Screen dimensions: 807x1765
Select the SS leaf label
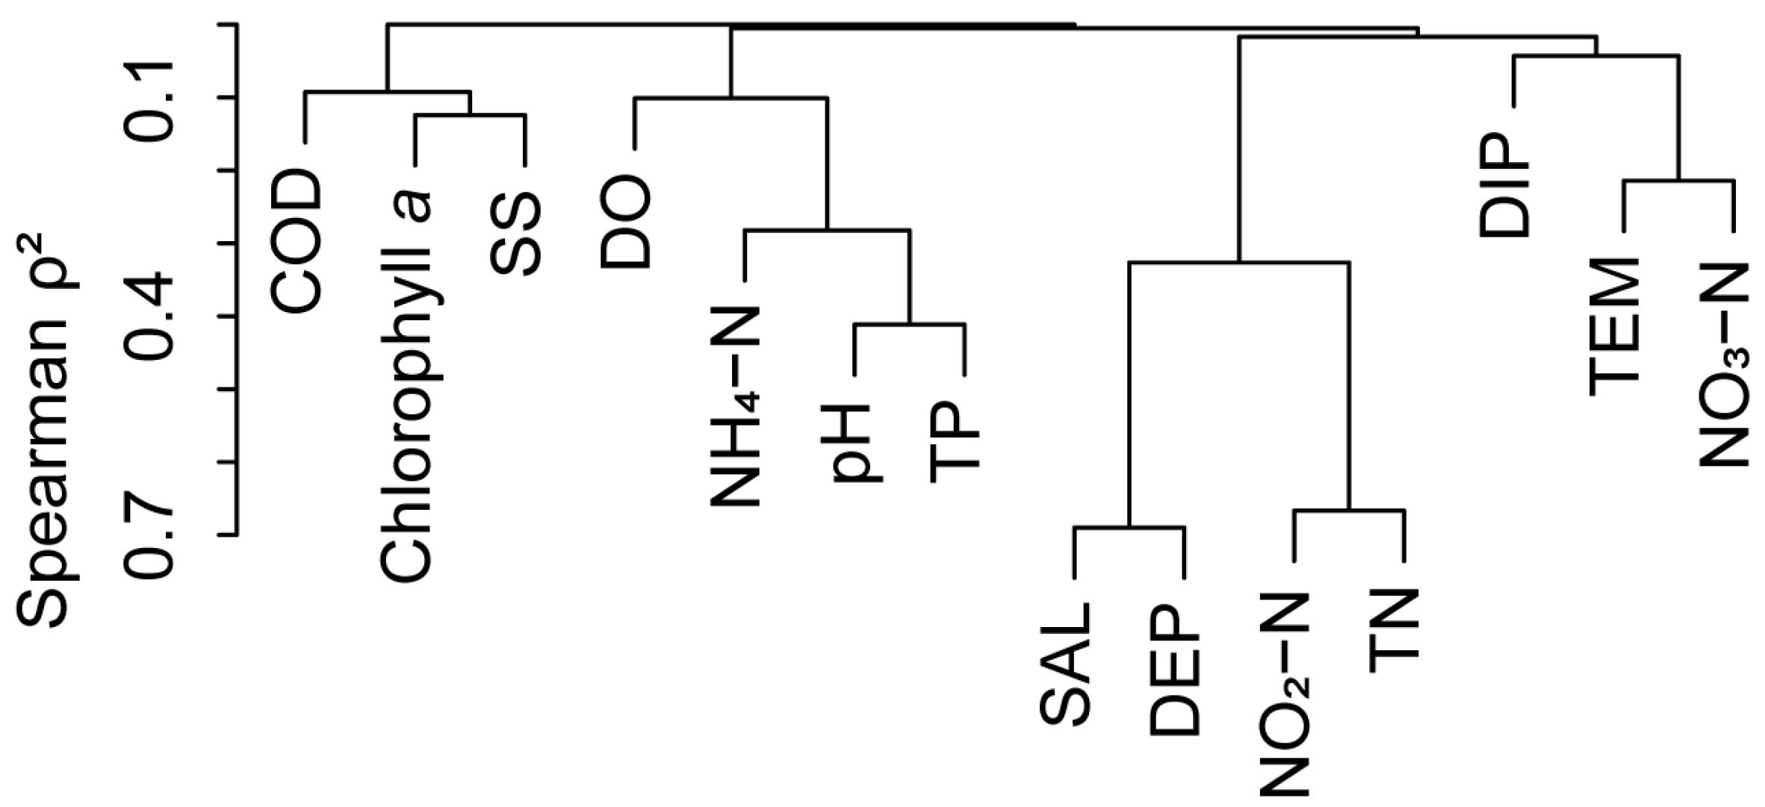[516, 234]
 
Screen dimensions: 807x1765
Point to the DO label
[626, 223]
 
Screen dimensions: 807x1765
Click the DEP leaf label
[1175, 670]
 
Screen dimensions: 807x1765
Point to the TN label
[1395, 632]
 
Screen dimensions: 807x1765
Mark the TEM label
[1614, 327]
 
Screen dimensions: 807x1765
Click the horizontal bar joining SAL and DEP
[1129, 527]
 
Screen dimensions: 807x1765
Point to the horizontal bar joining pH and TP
[910, 325]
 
